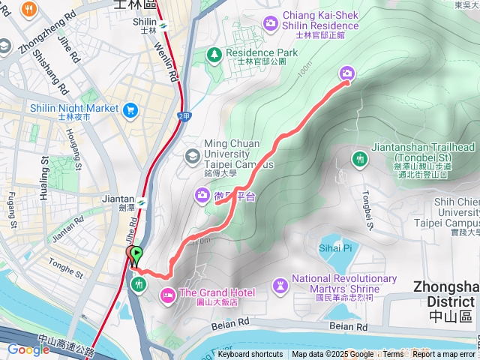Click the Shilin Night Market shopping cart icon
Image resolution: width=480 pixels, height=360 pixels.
tap(131, 109)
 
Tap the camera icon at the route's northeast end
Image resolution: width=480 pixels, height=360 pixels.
tap(347, 73)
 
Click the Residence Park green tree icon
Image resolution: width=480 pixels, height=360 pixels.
tap(214, 55)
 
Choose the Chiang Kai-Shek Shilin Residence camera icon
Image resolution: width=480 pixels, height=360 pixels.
tap(270, 22)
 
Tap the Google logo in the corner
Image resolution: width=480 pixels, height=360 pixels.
tap(28, 350)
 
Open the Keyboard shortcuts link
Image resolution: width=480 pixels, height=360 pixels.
tap(250, 355)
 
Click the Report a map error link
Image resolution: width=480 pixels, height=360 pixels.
tap(444, 355)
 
